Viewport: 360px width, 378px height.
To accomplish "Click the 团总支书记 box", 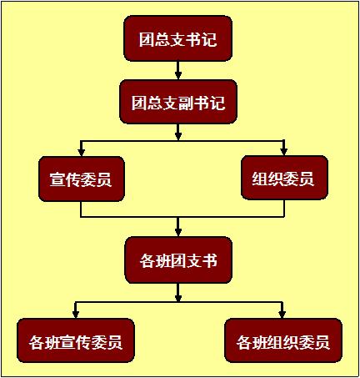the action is click(x=178, y=38).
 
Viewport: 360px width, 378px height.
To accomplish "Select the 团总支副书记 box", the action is click(x=178, y=102).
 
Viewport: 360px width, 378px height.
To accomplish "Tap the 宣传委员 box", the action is click(x=82, y=179).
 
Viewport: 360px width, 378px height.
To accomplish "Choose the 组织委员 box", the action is click(x=284, y=178).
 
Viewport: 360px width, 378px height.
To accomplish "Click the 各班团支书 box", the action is click(x=178, y=260).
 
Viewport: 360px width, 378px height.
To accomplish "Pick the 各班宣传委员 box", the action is click(x=76, y=340).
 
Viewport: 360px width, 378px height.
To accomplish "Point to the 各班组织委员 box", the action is click(x=283, y=340).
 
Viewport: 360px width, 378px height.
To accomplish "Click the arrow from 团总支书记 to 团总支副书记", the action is click(x=178, y=70).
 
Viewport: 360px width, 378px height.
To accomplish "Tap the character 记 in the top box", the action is click(x=209, y=39).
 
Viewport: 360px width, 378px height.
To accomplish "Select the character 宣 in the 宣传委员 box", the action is click(x=57, y=179).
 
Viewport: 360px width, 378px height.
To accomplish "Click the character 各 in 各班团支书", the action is click(x=147, y=261).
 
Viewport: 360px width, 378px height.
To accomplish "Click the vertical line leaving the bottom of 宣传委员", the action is click(x=81, y=209).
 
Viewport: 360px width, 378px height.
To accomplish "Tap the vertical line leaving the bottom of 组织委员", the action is click(x=284, y=208).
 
